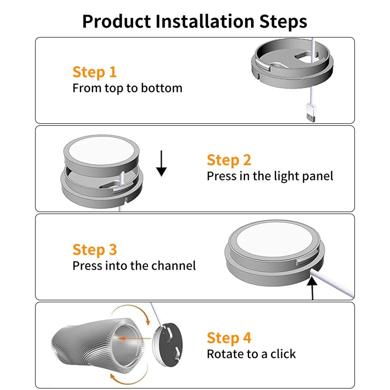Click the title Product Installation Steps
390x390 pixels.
click(195, 21)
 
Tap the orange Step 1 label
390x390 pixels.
click(95, 72)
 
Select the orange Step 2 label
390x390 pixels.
click(229, 160)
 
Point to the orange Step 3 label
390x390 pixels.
click(95, 250)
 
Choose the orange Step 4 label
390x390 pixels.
click(229, 337)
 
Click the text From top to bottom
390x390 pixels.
click(127, 88)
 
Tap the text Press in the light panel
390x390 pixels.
click(270, 176)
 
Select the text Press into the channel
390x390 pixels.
click(134, 266)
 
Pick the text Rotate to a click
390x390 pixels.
click(251, 353)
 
